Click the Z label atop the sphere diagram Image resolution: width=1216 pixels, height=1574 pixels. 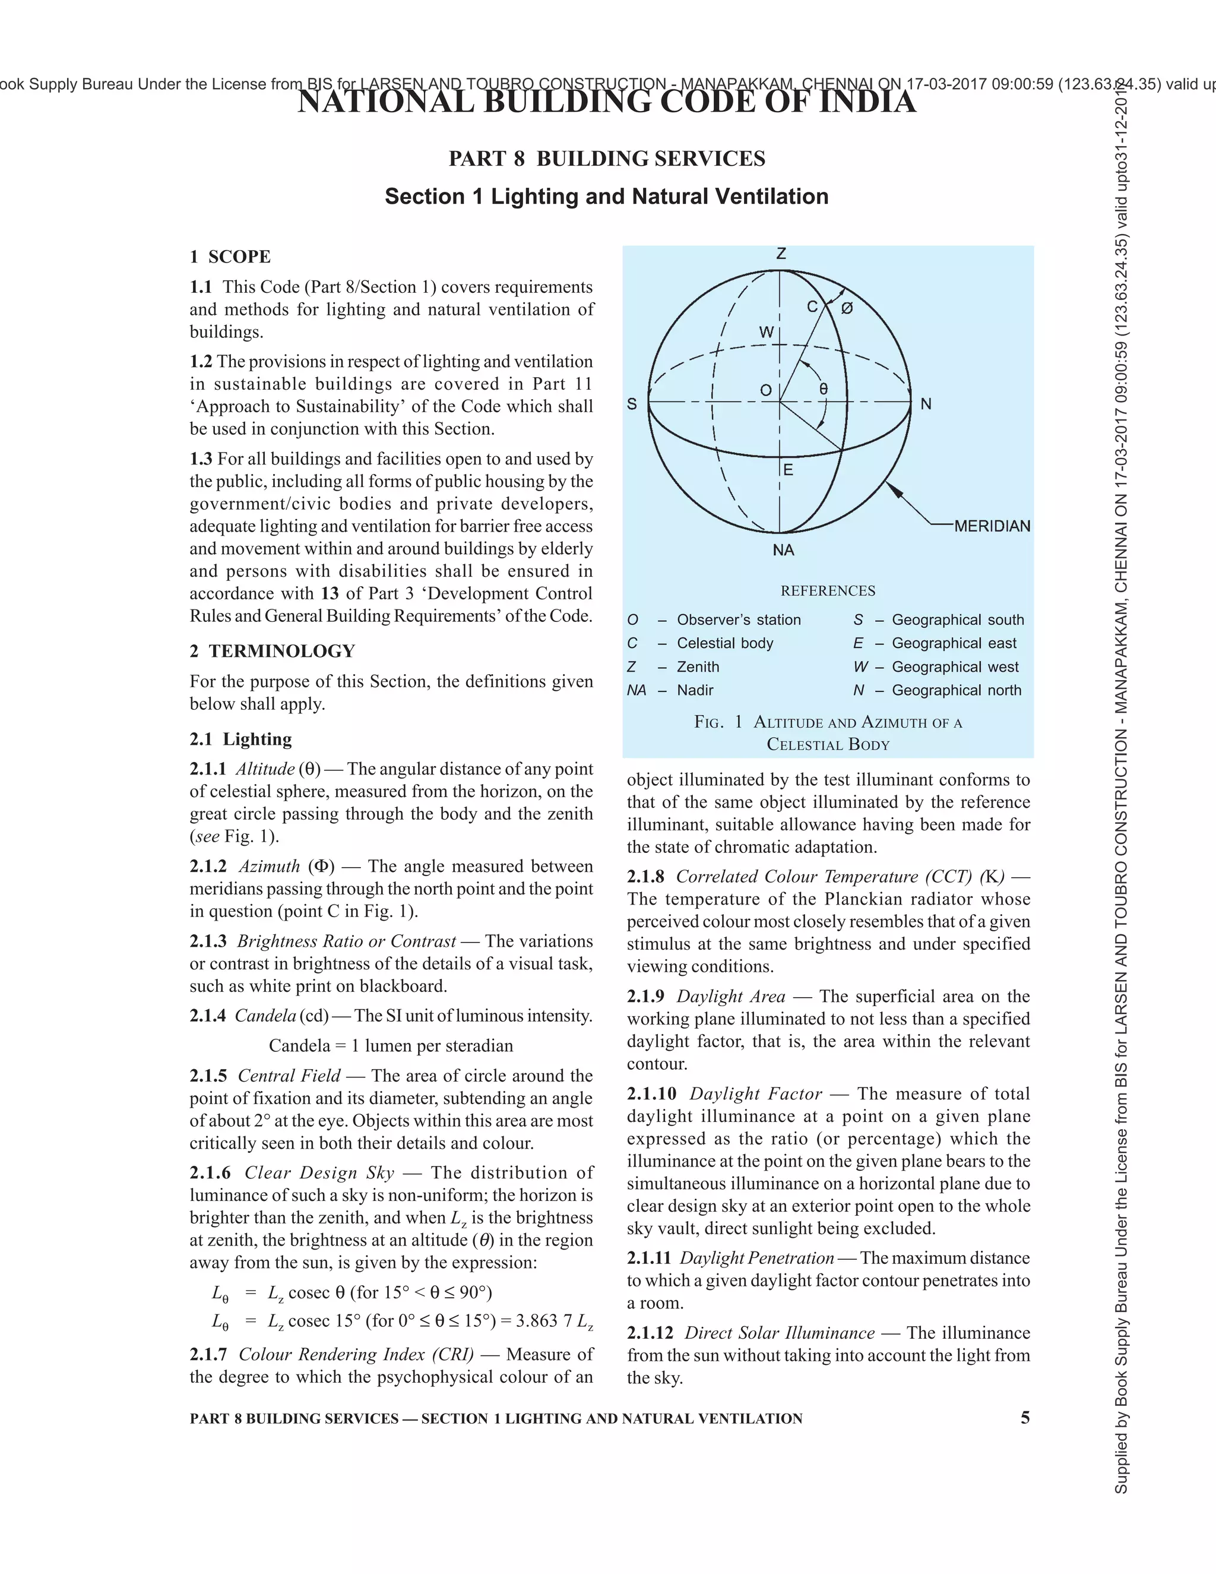[781, 254]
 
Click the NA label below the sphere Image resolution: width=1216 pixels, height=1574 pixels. [783, 550]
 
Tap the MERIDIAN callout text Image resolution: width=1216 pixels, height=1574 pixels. [992, 526]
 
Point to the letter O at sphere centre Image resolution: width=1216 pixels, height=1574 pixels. [766, 391]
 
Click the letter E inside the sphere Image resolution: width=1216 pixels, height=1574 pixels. [788, 470]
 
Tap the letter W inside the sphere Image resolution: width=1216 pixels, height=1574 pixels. [767, 332]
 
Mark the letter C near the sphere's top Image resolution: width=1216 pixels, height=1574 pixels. [812, 307]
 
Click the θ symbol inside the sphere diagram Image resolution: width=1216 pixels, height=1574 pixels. [824, 389]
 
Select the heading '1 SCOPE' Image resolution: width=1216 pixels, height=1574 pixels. [230, 257]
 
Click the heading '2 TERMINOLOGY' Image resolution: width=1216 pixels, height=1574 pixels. [273, 651]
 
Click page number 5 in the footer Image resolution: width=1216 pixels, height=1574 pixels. [1025, 1418]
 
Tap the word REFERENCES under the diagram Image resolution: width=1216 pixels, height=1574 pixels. [828, 590]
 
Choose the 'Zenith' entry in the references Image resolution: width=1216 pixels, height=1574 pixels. [697, 666]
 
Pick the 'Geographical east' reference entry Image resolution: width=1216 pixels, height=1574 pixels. [954, 643]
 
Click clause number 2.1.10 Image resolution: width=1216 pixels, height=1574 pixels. [651, 1093]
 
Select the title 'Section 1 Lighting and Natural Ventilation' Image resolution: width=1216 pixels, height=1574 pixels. [607, 196]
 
